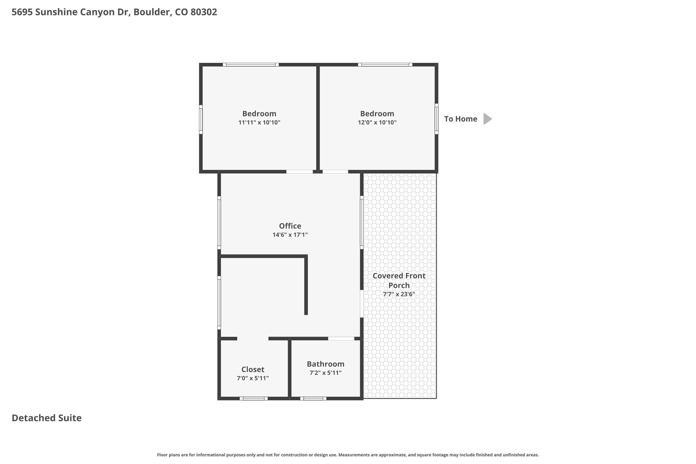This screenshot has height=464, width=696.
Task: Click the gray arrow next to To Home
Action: coord(487,119)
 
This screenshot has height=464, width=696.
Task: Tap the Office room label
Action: coord(290,226)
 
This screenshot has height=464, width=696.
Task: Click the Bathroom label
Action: coord(325,364)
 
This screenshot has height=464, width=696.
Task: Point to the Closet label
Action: coord(253,370)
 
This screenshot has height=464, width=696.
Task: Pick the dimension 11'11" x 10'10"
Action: coord(259,122)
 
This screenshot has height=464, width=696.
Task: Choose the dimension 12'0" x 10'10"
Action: coord(377,122)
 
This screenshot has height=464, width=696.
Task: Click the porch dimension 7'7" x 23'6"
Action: coord(399,294)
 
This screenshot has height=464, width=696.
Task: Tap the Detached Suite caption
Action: coord(46,418)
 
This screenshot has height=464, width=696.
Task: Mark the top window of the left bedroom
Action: coord(251,64)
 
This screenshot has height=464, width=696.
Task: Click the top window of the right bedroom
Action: coord(385,64)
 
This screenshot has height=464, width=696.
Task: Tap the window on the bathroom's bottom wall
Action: coord(313,399)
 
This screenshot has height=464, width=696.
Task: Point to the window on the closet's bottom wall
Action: coord(254,399)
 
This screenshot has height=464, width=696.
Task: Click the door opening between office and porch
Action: coord(362,304)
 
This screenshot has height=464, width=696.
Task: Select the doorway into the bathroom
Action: coord(341,338)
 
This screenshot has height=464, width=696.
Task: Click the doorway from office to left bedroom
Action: coord(300,172)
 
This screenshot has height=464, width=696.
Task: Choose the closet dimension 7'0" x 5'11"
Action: coord(253,378)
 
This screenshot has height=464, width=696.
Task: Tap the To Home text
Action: coord(461,119)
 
